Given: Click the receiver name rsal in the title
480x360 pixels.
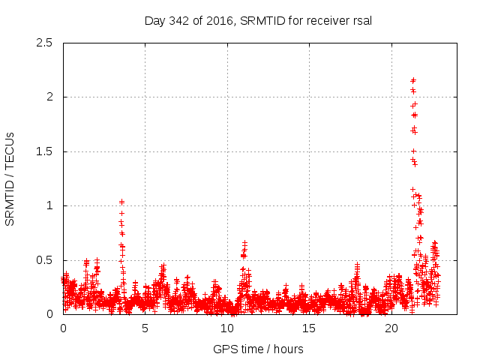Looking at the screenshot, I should [360, 21].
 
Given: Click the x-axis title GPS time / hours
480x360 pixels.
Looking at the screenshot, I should [258, 349].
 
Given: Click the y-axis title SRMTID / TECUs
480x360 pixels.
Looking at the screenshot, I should [10, 178].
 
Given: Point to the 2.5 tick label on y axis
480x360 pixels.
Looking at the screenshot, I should [44, 43].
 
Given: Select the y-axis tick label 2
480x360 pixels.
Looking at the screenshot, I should [49, 97].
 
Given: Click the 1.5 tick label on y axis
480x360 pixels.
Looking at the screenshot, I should [44, 151].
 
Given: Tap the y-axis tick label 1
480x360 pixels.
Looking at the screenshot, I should [49, 205].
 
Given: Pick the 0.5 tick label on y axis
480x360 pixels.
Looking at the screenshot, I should [44, 260].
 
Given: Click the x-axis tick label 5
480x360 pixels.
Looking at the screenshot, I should [145, 328].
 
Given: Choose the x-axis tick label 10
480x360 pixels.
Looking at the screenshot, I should [226, 328].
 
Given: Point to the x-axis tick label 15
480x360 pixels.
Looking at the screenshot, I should [309, 328].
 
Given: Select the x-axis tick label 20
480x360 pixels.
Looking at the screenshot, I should [391, 328].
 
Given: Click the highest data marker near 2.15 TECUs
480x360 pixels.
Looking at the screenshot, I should [413, 80].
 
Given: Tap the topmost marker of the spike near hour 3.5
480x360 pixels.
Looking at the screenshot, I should [121, 202].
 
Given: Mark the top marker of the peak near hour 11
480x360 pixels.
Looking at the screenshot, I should [244, 243].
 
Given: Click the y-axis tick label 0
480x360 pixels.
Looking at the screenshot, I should [49, 314].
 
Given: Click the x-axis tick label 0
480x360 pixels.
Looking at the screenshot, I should [63, 328].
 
